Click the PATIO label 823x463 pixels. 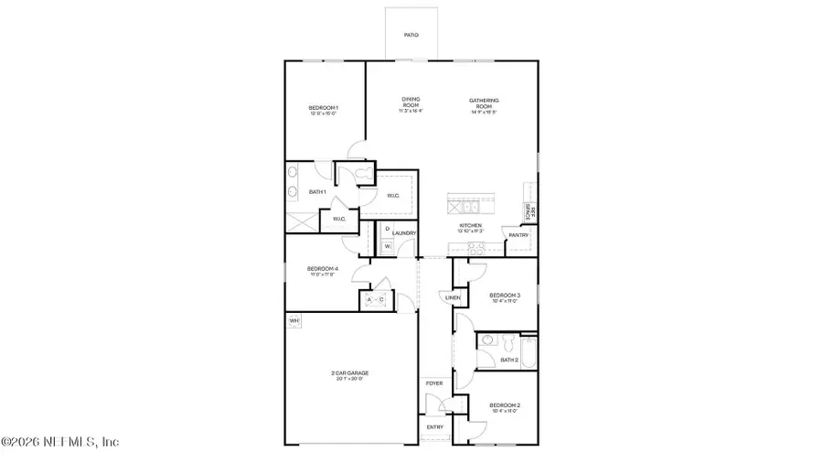point(411,35)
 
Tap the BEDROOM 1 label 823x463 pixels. point(323,110)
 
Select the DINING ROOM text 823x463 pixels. point(411,103)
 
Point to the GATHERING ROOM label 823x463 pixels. point(484,103)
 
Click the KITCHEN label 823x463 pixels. point(470,226)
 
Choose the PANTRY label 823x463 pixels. point(518,235)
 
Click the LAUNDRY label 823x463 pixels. point(405,233)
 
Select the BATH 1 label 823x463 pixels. point(317,191)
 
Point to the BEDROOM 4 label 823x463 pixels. point(323,270)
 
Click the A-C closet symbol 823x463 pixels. point(375,300)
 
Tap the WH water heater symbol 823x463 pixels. point(294,321)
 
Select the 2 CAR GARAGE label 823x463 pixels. point(350,374)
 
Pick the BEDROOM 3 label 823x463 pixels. point(504,296)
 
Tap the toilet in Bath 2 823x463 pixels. point(488,341)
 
